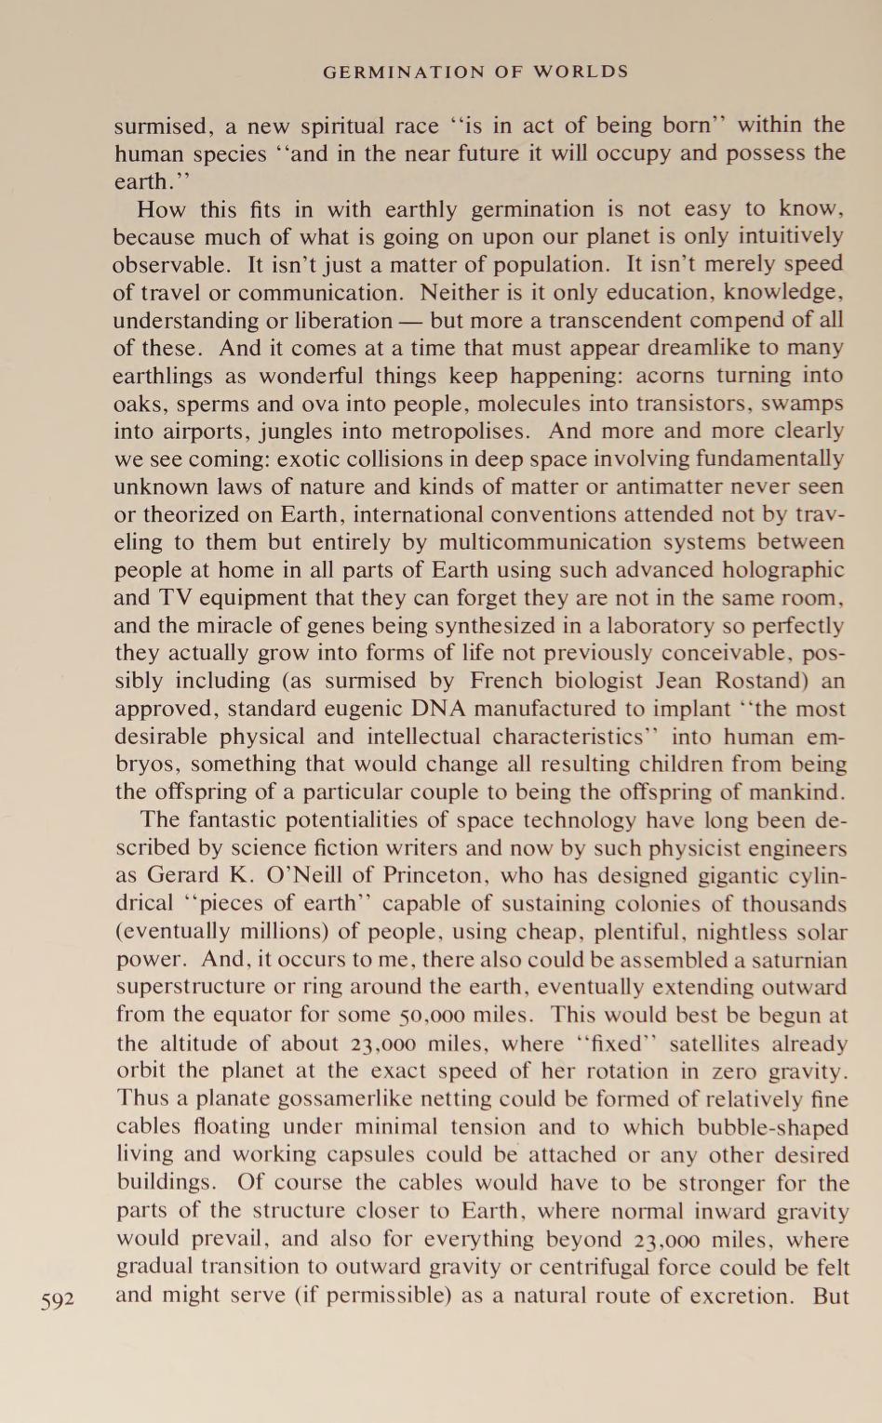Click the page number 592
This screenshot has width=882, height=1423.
(57, 1299)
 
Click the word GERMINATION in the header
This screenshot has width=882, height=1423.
(404, 72)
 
